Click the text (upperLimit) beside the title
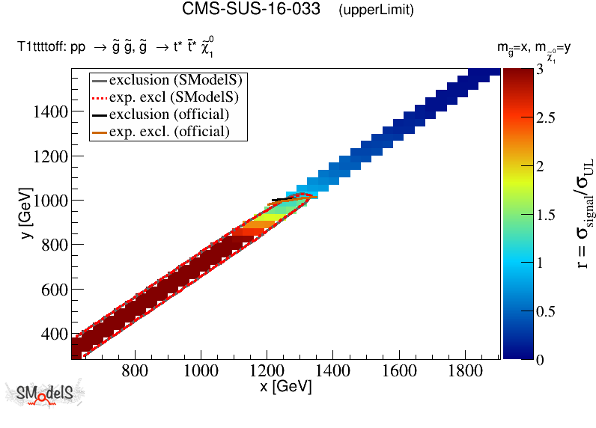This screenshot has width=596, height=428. (376, 10)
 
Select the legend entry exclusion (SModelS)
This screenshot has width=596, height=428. (178, 79)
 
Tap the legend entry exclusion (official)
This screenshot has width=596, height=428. (169, 114)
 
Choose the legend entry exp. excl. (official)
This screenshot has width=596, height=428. (169, 132)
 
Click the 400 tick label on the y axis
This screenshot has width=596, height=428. (52, 334)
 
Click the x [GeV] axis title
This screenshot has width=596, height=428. (285, 388)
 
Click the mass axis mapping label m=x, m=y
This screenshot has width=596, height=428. (535, 48)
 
